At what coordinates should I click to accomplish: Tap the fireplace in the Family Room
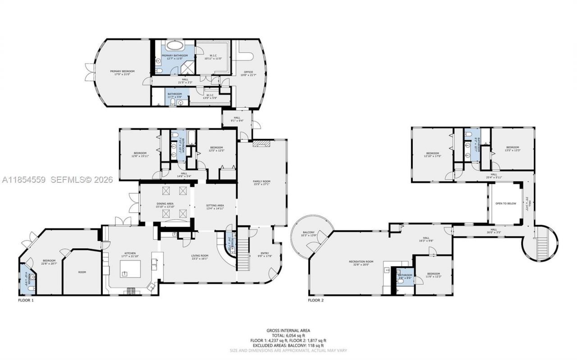(x=260, y=143)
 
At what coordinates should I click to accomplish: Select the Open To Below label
(x=505, y=203)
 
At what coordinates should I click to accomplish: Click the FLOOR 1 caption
(x=26, y=300)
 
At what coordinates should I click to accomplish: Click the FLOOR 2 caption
(x=316, y=300)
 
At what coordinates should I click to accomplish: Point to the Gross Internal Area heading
(x=288, y=330)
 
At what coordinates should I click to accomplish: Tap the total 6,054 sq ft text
(x=288, y=335)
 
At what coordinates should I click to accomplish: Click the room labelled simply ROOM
(x=82, y=272)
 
